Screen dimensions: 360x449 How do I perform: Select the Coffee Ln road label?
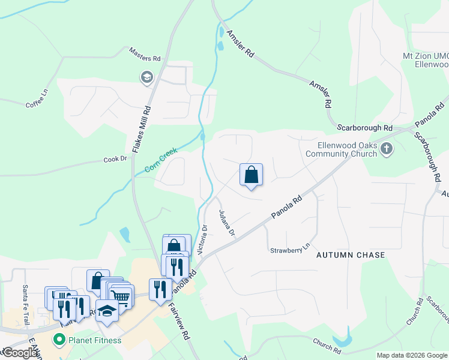click(37, 99)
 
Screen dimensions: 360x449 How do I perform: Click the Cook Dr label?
click(116, 160)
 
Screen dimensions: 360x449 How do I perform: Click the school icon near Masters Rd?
click(146, 77)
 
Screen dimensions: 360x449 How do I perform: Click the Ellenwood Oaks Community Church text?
click(348, 149)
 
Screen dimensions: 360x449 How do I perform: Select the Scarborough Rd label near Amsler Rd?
click(364, 128)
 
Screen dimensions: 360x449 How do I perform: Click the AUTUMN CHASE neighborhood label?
click(351, 255)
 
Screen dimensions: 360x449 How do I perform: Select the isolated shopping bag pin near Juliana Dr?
click(252, 175)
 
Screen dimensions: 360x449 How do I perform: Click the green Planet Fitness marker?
click(59, 340)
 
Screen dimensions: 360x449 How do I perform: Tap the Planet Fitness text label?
click(94, 340)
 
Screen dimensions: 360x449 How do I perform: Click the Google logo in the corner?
click(19, 353)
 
